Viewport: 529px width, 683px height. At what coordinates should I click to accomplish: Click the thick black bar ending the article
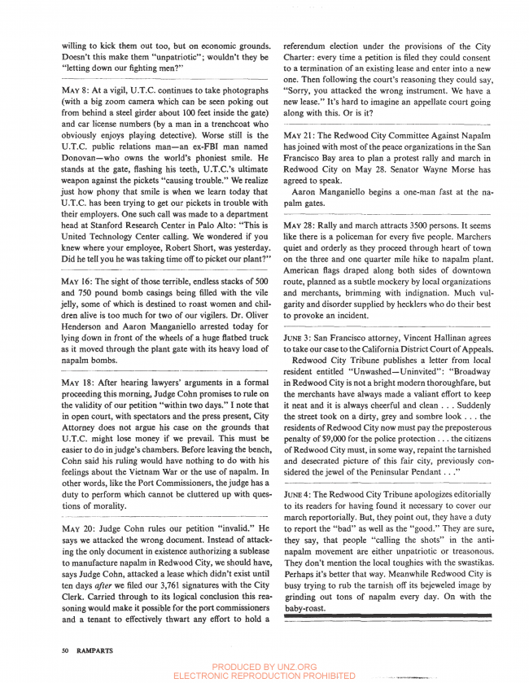[x=387, y=618]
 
